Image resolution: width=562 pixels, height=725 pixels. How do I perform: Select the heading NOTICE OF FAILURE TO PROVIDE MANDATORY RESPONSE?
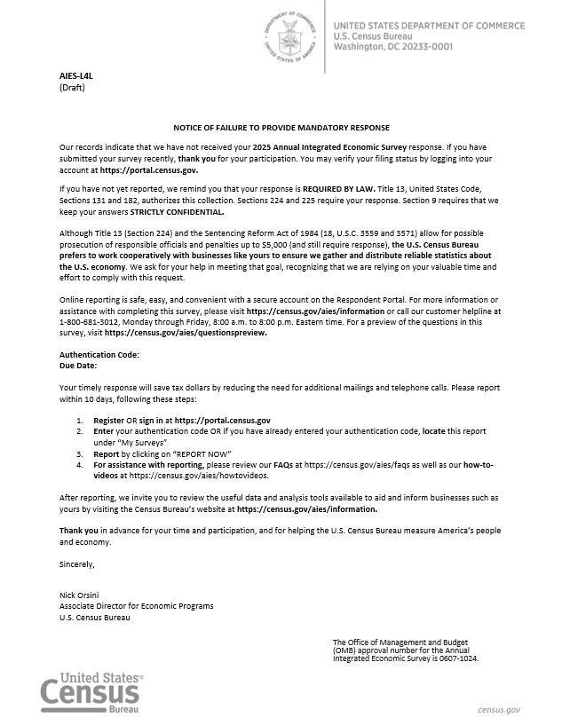pos(281,129)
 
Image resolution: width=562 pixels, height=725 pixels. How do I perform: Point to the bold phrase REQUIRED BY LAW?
pos(334,189)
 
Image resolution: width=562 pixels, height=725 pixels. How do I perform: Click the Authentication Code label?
pos(99,355)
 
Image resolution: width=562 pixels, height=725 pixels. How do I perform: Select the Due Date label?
pos(77,365)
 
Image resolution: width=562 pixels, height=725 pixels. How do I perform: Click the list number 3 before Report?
pos(79,453)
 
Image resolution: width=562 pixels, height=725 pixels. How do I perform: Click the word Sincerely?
pos(76,563)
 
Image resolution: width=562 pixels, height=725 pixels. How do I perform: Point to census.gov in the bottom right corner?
pos(499,710)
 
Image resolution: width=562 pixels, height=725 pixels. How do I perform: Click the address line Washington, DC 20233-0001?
pos(393,47)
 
